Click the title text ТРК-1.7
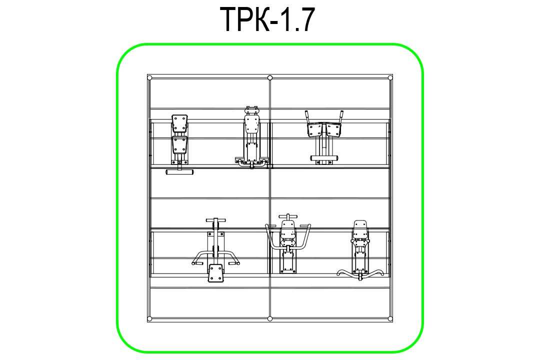267,19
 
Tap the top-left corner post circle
149,78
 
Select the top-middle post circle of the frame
270,78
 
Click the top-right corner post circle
390,78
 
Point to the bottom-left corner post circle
149,318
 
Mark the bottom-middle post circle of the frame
270,318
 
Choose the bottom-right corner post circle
390,318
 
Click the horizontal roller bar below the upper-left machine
179,172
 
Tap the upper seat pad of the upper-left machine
180,123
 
